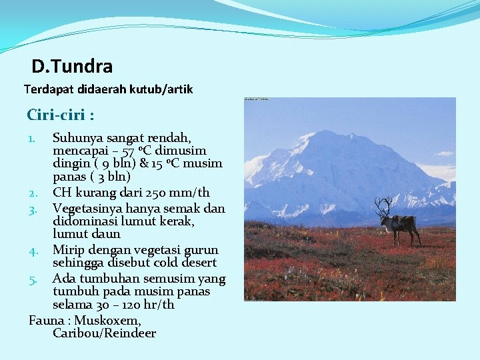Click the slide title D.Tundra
tap(72, 67)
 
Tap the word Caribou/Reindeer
tap(104, 333)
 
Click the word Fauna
tap(47, 321)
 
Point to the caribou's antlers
tap(384, 206)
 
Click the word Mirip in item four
tap(67, 250)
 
